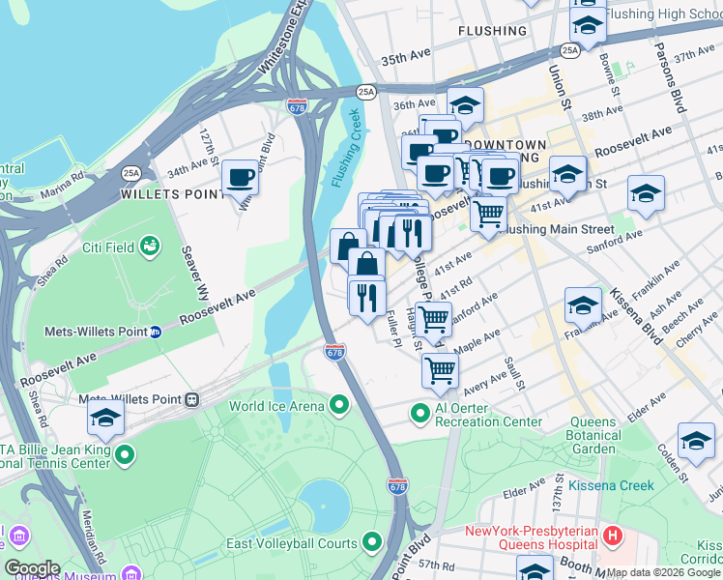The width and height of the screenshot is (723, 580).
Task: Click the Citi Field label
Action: click(x=106, y=247)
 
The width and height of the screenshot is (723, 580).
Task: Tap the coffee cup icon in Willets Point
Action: click(x=240, y=178)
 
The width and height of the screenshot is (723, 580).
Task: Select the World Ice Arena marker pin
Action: click(x=338, y=405)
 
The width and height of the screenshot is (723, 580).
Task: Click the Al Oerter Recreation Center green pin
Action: click(x=419, y=414)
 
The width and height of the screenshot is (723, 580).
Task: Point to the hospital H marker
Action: click(x=611, y=534)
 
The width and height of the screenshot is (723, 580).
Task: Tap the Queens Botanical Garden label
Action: click(x=593, y=435)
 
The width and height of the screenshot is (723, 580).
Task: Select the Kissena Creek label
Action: click(x=611, y=485)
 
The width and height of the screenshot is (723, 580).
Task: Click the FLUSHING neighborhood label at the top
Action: click(x=493, y=31)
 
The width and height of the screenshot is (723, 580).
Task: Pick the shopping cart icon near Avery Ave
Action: click(x=440, y=369)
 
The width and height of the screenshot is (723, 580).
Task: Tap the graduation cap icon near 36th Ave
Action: click(x=465, y=105)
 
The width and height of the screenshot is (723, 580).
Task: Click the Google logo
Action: click(x=32, y=568)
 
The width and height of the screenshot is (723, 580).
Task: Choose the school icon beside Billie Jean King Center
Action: click(x=105, y=419)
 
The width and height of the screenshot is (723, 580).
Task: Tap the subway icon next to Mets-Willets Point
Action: click(x=156, y=332)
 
